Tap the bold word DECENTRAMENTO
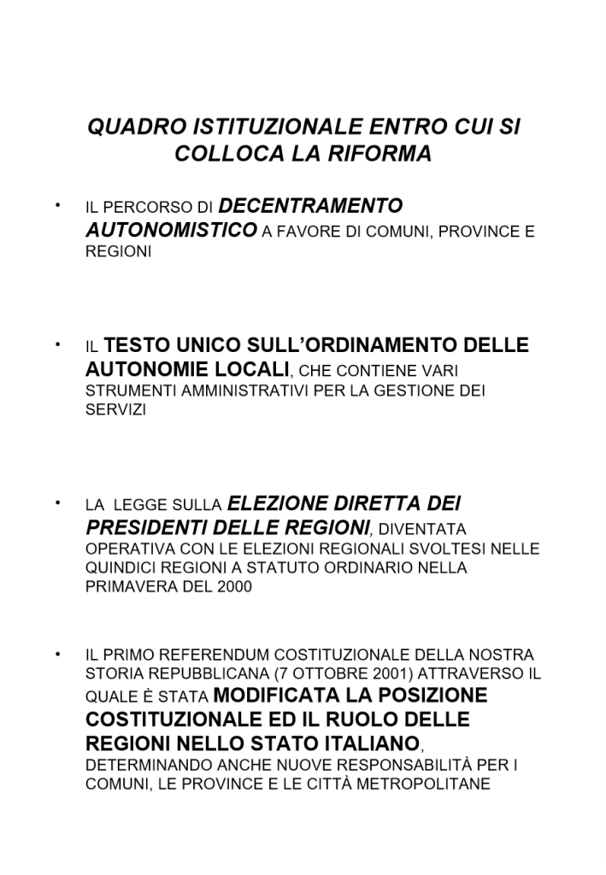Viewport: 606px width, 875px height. (311, 206)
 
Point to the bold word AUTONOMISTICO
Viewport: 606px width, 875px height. (171, 230)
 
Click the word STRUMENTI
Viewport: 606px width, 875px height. (129, 391)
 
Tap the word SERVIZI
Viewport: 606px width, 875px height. (116, 410)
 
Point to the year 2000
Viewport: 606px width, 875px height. (236, 587)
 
